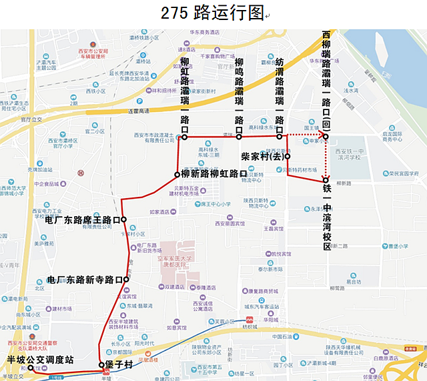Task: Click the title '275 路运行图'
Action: pyautogui.click(x=213, y=13)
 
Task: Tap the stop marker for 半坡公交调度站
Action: pyautogui.click(x=31, y=368)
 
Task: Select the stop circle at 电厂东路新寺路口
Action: pyautogui.click(x=126, y=280)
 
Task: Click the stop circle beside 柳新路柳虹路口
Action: pyautogui.click(x=177, y=175)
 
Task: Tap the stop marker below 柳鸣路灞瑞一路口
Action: pyautogui.click(x=239, y=137)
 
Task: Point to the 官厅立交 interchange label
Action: pyautogui.click(x=31, y=120)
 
